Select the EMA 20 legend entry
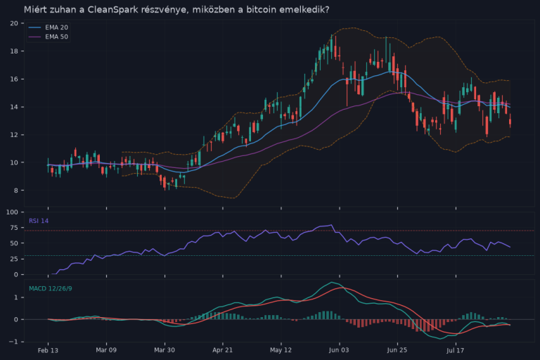(49, 27)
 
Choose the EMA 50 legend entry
(49, 37)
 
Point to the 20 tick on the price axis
(14, 23)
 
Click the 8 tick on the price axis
(16, 191)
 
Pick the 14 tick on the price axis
(14, 107)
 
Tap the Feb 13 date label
(48, 350)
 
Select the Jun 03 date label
(339, 350)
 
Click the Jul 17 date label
(456, 350)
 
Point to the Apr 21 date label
(222, 350)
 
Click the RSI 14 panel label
(39, 221)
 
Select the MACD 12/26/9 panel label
(51, 289)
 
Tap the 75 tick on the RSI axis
(14, 228)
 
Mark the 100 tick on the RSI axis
(13, 212)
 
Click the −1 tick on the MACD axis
(13, 342)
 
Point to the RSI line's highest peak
(331, 225)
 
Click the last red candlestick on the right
(510, 120)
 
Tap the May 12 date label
(281, 350)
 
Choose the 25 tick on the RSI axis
(14, 259)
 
